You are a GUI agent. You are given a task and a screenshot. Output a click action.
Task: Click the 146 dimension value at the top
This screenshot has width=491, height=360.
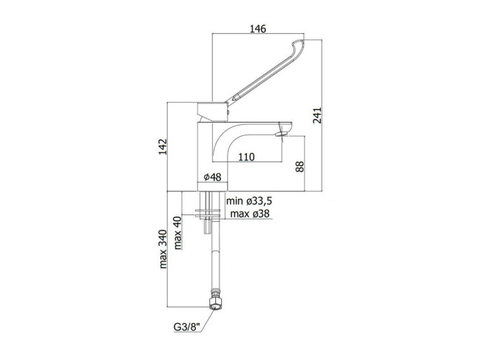(258, 29)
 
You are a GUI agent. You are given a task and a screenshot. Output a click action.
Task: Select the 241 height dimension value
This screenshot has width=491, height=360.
(317, 115)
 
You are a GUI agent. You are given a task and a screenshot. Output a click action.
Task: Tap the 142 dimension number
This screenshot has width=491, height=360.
(163, 146)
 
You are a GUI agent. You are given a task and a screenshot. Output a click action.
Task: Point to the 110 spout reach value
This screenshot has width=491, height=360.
(246, 157)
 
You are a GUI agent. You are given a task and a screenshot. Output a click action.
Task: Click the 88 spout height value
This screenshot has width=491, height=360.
(299, 166)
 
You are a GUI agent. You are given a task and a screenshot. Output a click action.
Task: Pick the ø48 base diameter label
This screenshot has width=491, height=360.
(213, 177)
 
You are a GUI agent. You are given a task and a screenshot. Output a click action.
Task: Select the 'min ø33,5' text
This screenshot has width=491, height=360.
(249, 200)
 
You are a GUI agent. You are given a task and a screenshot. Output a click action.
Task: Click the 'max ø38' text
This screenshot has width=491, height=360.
(250, 214)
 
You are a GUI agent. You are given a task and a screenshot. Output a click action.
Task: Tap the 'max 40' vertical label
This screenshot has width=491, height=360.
(177, 233)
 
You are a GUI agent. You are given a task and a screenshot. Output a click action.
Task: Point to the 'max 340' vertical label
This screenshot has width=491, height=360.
(163, 249)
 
